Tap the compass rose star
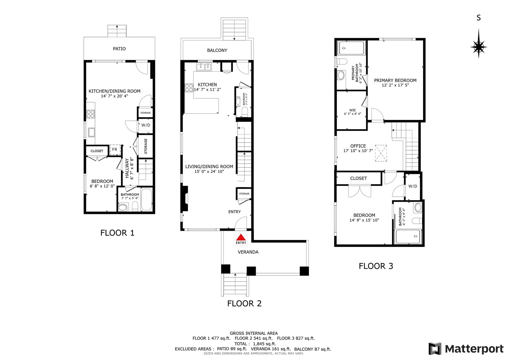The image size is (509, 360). [x=478, y=47]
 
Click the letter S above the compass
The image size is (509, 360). [x=478, y=18]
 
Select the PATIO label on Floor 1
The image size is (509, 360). [x=119, y=49]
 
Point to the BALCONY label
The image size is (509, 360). [x=217, y=50]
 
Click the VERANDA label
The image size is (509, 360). [x=248, y=252]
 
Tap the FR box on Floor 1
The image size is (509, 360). [x=115, y=150]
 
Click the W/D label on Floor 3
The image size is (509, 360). [x=413, y=186]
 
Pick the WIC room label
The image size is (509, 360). [x=352, y=110]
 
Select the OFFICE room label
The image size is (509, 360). [x=358, y=146]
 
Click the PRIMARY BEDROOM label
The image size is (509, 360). [x=395, y=80]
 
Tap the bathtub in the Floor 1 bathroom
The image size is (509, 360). [x=146, y=200]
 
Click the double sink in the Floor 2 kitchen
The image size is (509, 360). [x=204, y=67]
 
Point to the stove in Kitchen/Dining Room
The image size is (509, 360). [x=90, y=114]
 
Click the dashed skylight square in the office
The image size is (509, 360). [x=381, y=153]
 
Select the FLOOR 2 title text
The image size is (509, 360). [x=244, y=303]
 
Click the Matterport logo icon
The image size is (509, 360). [x=435, y=349]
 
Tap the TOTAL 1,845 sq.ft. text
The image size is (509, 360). [x=255, y=344]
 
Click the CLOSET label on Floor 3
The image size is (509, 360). [x=358, y=178]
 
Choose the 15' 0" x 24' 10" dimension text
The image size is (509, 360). [x=209, y=172]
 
